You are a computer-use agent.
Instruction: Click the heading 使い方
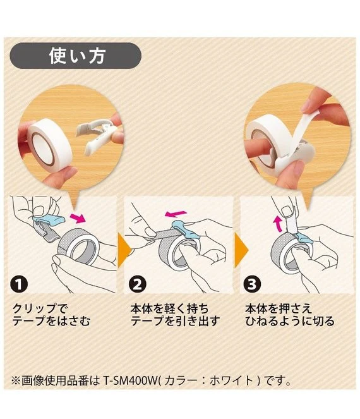(x=77, y=56)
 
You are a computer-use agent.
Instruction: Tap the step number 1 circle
(x=19, y=284)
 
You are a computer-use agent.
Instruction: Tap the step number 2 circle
(x=138, y=284)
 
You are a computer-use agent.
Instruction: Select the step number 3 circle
(x=252, y=284)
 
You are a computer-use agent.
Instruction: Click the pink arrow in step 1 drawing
(x=78, y=217)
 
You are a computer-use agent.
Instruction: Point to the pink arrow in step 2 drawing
(x=176, y=214)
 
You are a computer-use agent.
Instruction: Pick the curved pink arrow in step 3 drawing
(x=278, y=224)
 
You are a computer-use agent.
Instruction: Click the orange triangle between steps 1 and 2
(x=124, y=250)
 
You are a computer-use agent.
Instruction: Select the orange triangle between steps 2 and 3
(x=241, y=250)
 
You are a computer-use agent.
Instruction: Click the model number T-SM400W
(x=130, y=380)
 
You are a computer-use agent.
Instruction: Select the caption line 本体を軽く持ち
(x=169, y=309)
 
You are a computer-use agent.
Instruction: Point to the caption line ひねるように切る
(x=290, y=321)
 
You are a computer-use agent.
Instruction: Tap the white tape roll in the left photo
(x=50, y=145)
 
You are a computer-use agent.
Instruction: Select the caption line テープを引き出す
(x=175, y=321)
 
